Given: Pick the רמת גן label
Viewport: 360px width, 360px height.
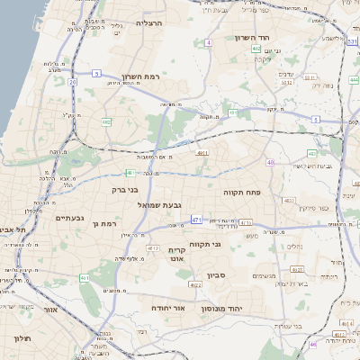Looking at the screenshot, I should (105, 222).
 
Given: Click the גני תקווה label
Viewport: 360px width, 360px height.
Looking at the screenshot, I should (205, 244).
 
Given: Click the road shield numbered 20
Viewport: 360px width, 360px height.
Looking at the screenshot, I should (72, 81).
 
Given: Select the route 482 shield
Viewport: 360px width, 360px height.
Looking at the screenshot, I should (107, 121).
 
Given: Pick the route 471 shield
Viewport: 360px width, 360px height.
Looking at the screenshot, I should (196, 219).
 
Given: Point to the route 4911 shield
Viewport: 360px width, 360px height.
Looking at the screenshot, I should (202, 154).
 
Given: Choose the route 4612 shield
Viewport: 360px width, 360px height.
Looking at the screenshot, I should (152, 248).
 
